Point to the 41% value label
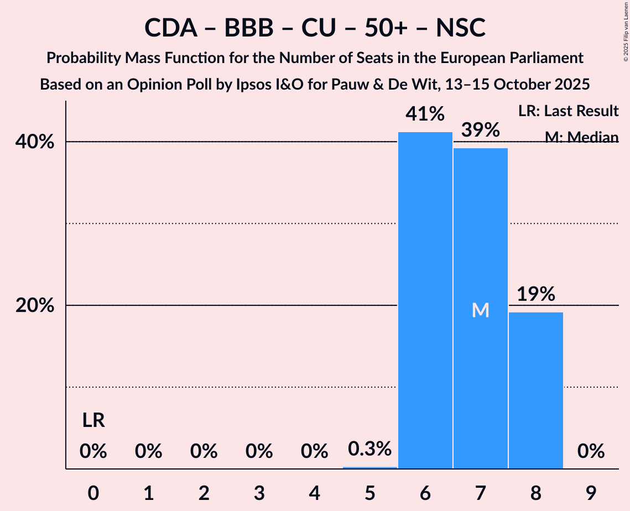425,114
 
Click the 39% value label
480,131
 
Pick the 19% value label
535,294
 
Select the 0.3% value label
369,449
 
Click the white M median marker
481,310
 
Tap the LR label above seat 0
93,421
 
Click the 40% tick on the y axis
35,142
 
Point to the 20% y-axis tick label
35,306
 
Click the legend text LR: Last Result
569,111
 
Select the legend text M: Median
581,137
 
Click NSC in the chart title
460,28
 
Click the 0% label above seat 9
591,452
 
